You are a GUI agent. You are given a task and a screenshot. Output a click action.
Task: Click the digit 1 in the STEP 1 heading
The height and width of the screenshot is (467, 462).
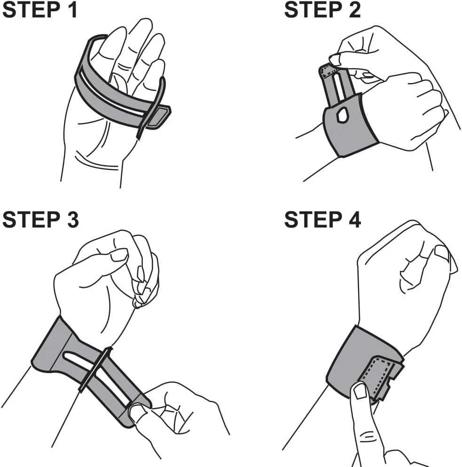(72, 10)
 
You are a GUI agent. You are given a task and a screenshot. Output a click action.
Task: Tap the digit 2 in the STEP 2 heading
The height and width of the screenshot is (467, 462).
(354, 10)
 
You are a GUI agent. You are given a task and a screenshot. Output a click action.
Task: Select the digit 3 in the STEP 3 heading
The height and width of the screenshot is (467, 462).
(72, 220)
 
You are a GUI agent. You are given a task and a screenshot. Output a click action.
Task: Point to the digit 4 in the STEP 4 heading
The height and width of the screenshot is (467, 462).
(354, 220)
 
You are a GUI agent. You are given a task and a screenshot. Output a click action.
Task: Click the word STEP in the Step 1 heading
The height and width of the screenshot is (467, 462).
(31, 10)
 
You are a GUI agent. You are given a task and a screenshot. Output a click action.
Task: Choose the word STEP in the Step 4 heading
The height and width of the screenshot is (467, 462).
(313, 220)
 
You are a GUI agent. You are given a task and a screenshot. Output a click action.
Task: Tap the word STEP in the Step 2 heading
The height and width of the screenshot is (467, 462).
(313, 10)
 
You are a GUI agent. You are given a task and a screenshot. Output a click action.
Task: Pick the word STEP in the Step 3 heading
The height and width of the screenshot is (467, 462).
(31, 220)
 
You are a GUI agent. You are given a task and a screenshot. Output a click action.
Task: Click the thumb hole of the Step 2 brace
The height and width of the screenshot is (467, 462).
(342, 115)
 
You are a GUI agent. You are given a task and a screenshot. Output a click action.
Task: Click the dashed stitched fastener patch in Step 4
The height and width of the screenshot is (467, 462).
(378, 375)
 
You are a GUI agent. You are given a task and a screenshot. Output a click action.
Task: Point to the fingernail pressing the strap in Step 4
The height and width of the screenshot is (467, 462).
(360, 391)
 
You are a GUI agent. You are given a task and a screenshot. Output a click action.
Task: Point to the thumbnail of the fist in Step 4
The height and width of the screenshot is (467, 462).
(442, 253)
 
